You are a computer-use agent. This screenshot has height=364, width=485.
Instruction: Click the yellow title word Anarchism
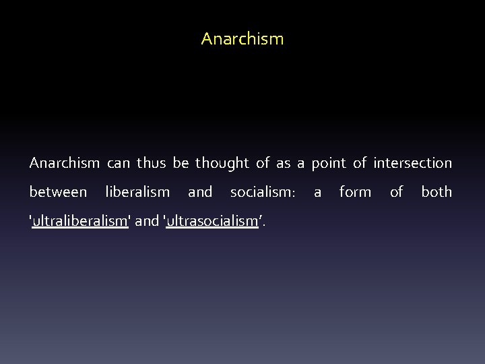click(243, 39)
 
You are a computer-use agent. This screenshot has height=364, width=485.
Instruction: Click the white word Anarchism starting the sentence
click(65, 163)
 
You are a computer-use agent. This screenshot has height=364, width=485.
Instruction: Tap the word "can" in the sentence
click(119, 163)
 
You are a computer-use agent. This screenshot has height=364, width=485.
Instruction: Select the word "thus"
click(152, 163)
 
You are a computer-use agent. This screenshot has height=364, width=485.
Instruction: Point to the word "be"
click(181, 163)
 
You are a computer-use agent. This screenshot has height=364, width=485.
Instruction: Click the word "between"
click(58, 192)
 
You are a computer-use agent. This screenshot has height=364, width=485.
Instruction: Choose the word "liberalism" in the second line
click(137, 192)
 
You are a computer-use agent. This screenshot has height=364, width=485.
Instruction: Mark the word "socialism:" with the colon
click(263, 192)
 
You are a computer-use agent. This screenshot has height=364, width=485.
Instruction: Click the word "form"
click(355, 192)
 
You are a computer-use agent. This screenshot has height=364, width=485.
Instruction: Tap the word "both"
click(437, 192)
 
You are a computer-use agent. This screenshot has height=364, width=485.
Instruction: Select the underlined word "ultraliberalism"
click(80, 221)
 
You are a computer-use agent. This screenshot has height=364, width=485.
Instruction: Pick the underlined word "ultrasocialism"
click(212, 221)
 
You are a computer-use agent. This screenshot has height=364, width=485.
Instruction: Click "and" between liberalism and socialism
click(200, 192)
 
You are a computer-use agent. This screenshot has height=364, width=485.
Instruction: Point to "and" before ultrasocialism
click(148, 221)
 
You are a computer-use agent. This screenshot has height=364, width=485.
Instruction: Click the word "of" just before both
click(396, 192)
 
